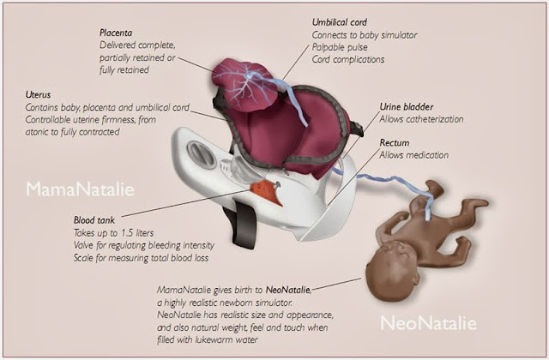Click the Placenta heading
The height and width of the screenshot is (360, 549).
pyautogui.click(x=115, y=32)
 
